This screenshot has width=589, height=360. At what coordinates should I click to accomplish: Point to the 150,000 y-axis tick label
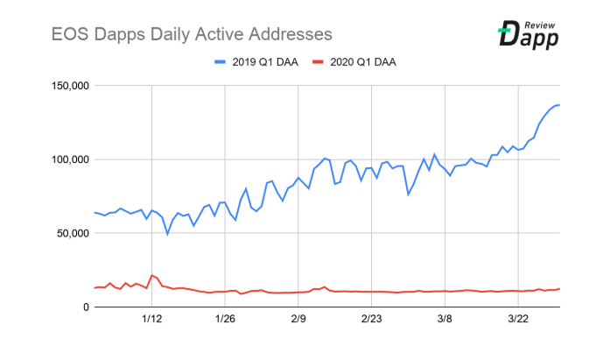63,86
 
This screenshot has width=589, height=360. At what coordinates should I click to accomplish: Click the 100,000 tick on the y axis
63,159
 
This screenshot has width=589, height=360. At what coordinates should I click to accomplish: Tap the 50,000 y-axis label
67,233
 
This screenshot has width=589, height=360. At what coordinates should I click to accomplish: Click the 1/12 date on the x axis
152,321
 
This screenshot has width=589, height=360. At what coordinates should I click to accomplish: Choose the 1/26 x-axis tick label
226,321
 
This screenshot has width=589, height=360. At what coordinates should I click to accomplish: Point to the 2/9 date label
299,321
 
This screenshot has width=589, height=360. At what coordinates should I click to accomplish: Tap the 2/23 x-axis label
372,321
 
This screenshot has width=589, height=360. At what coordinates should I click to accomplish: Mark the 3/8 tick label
445,321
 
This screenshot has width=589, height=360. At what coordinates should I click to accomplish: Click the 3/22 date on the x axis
518,321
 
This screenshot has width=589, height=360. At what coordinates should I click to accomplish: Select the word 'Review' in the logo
543,23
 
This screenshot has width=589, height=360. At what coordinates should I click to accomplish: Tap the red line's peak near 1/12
152,275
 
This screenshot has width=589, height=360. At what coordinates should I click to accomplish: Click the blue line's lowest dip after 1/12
168,234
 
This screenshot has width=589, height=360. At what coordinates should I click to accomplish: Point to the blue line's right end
559,105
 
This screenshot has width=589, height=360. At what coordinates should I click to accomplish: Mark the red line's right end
559,288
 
